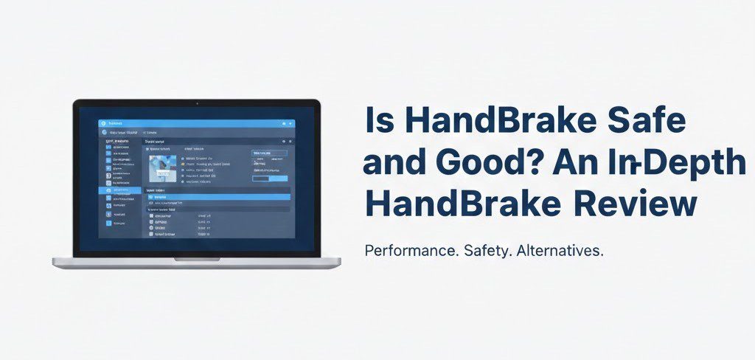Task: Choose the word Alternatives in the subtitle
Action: click(x=560, y=251)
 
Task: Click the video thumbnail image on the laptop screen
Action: click(x=163, y=167)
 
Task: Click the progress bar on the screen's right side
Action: click(x=270, y=179)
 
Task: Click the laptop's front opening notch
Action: click(x=196, y=259)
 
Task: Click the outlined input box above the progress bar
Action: click(x=270, y=153)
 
